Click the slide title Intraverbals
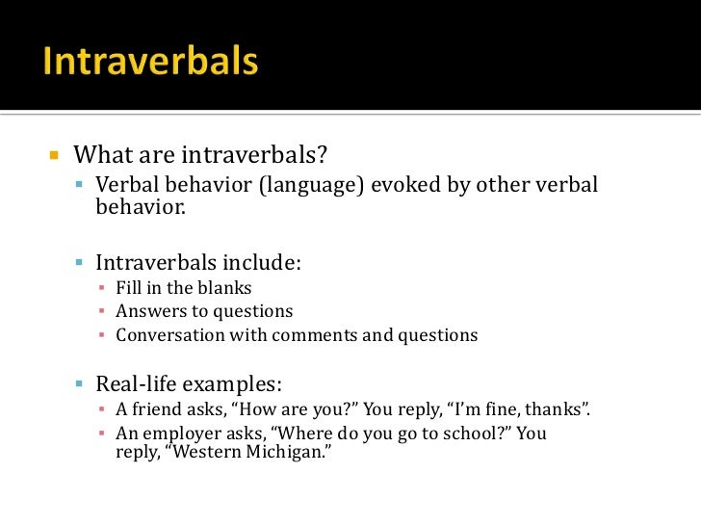pyautogui.click(x=150, y=63)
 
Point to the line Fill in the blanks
pyautogui.click(x=183, y=287)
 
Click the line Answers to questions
pyautogui.click(x=204, y=311)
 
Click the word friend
pyautogui.click(x=156, y=409)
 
